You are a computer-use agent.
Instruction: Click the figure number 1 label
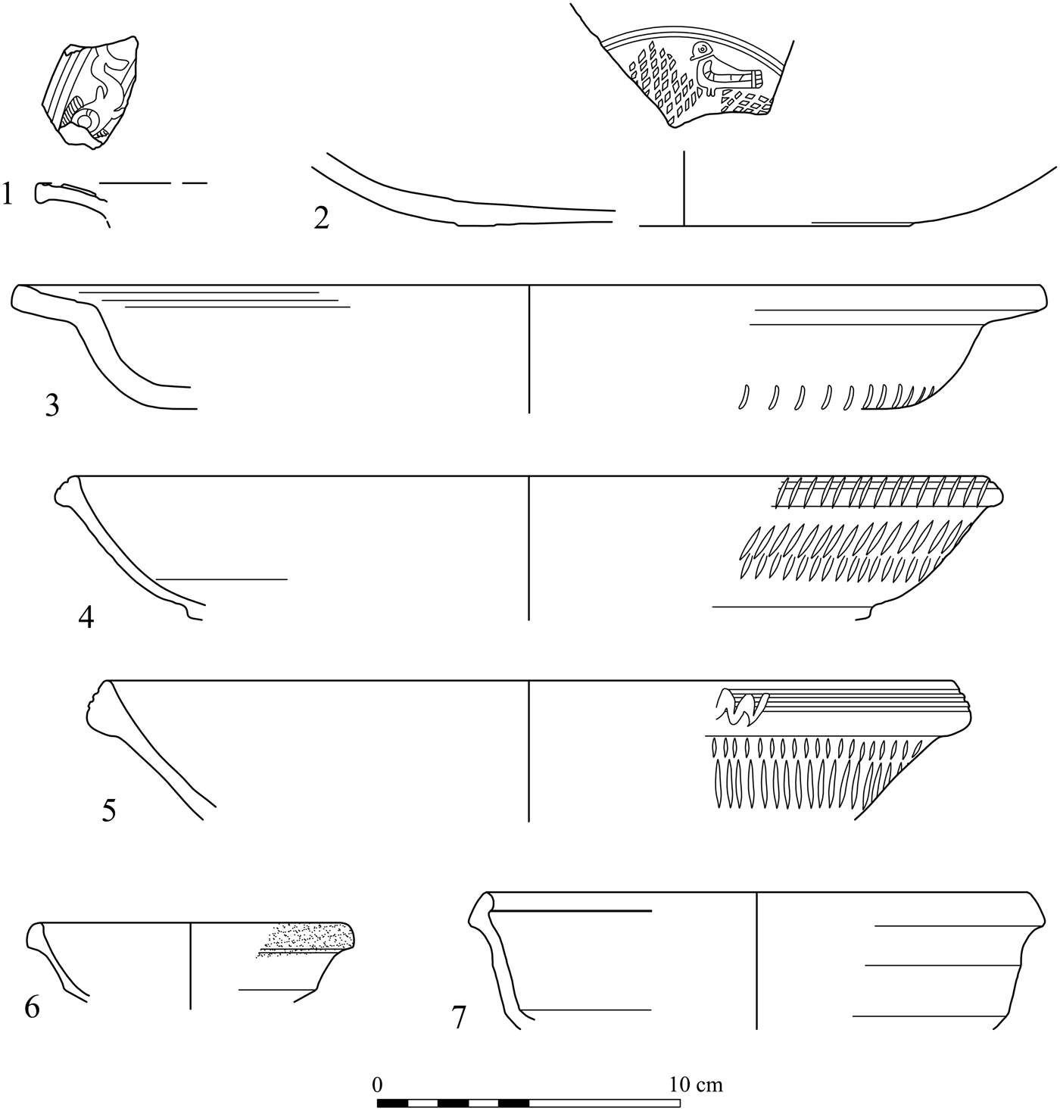(x=8, y=195)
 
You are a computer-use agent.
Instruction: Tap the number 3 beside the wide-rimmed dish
(x=51, y=407)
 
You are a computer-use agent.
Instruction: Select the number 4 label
(x=86, y=618)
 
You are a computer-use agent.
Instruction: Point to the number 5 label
(x=109, y=811)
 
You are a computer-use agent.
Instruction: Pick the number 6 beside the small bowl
(x=32, y=1008)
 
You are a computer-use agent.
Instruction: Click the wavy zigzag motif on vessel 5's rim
(x=742, y=706)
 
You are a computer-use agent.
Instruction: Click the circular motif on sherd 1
(x=86, y=120)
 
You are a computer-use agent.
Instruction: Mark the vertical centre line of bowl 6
(x=190, y=966)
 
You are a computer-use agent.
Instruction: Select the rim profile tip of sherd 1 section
(x=39, y=193)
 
